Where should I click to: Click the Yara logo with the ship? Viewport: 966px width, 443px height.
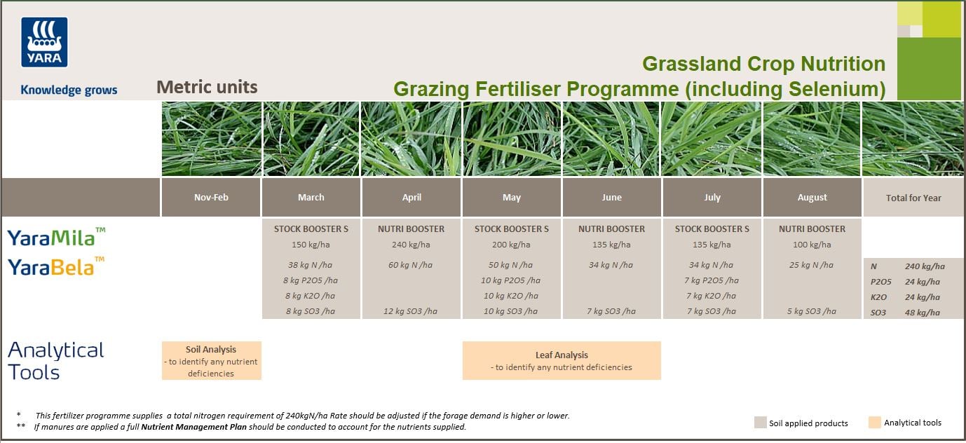coord(44,42)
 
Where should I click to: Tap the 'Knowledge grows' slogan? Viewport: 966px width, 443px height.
coord(69,90)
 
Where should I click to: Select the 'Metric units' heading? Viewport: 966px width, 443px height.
coord(207,87)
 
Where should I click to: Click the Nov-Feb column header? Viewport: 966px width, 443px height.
coord(211,198)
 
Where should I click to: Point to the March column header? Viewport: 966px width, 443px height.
coord(311,198)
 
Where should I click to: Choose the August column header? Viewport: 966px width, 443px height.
coord(812,198)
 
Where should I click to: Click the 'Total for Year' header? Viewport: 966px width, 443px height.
coord(913,198)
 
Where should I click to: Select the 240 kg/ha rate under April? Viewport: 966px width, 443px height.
coord(411,245)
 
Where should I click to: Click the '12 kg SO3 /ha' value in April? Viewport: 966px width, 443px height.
coord(411,311)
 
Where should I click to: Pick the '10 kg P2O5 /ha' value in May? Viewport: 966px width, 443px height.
coord(512,280)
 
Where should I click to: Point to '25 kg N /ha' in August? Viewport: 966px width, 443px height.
coord(812,265)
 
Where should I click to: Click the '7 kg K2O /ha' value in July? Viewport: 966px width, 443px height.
coord(712,296)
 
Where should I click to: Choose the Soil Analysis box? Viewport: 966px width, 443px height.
coord(211,360)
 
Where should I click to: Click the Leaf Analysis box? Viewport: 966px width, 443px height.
coord(562,360)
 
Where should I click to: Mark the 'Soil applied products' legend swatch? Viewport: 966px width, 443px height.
coord(760,423)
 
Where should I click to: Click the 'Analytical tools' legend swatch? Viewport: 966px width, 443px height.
coord(874,423)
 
